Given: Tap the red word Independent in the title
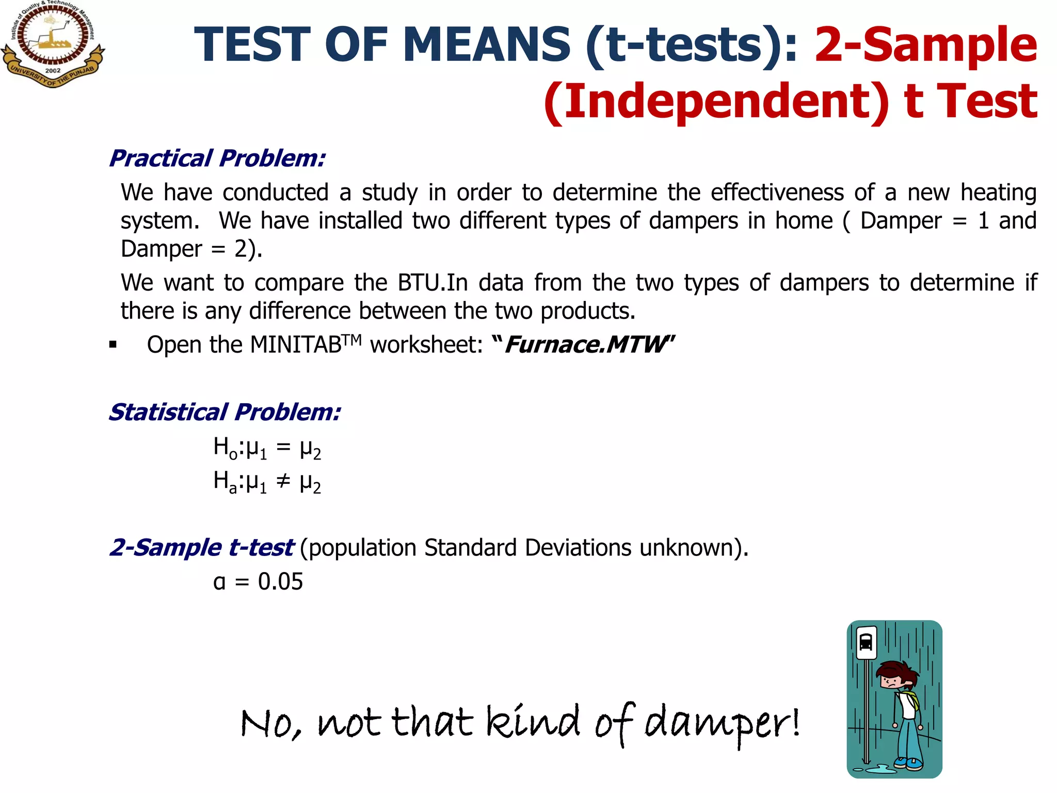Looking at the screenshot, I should (717, 101).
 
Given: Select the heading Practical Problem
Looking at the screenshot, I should (217, 158).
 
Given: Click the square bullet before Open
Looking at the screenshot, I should (113, 345).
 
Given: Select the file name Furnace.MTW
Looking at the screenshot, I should (585, 345).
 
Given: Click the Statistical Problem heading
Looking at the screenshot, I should (225, 412).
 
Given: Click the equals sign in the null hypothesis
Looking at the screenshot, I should (283, 447).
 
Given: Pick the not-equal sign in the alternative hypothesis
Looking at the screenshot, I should (283, 481).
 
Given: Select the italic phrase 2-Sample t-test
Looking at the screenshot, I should (201, 547).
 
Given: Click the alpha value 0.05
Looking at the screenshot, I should (280, 582).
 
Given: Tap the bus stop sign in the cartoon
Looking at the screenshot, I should (866, 643).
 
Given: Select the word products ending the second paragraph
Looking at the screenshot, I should (587, 311).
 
